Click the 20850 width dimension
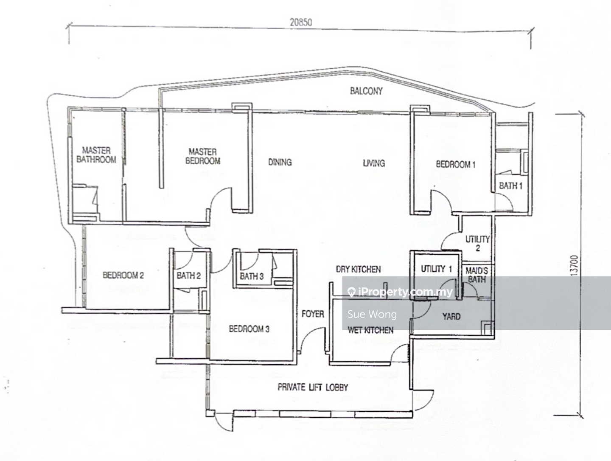point(301,22)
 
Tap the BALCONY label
point(366,91)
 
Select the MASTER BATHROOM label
point(96,155)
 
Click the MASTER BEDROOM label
point(203,156)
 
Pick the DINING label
point(280,162)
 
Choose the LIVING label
point(373,163)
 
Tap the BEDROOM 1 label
point(455,164)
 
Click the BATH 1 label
point(510,186)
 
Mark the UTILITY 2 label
point(477,243)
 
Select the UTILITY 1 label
point(436,269)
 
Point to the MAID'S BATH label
point(476,275)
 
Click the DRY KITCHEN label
point(358,269)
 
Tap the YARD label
point(451,317)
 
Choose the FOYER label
point(313,314)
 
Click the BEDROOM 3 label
point(249,329)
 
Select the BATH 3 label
point(252,276)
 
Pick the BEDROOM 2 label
point(123,275)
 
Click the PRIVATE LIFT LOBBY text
point(313,387)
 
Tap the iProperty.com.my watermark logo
point(400,292)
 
